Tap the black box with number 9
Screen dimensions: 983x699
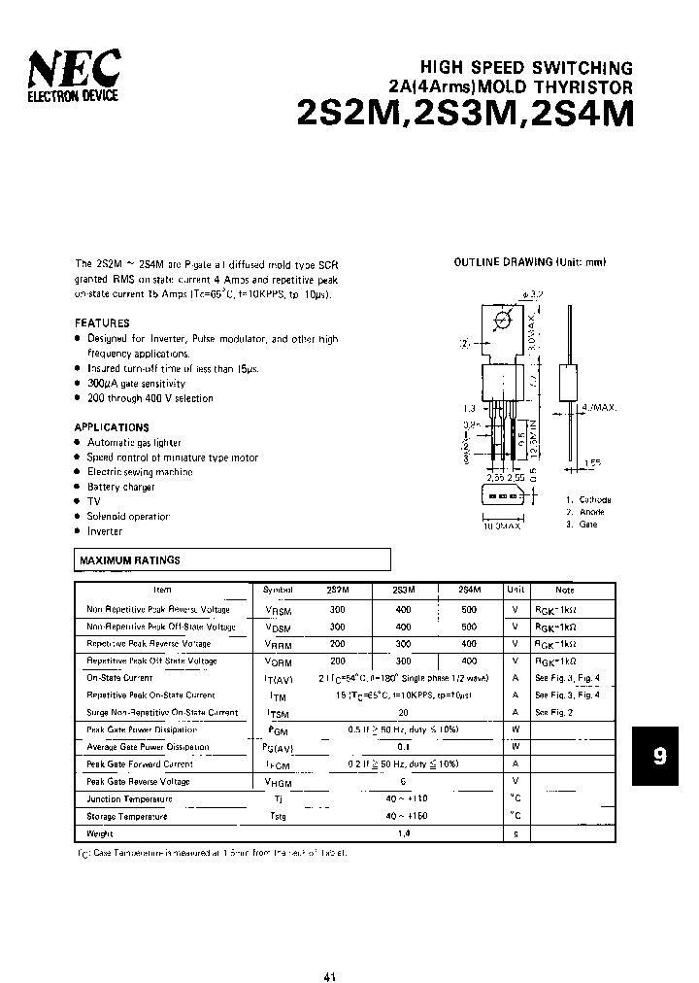pos(659,755)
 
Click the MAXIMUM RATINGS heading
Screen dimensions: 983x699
pos(129,560)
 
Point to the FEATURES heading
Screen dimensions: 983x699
pos(102,322)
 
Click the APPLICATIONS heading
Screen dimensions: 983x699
pos(112,427)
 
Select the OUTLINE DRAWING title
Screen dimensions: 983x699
pos(530,263)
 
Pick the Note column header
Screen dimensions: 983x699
pos(565,590)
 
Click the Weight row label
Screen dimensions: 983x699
pos(100,833)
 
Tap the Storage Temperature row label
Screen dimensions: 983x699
pos(127,816)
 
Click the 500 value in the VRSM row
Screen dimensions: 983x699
pos(469,609)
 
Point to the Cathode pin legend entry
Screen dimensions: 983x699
pos(587,498)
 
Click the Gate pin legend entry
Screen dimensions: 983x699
pos(583,524)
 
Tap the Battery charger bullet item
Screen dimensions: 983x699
pos(120,487)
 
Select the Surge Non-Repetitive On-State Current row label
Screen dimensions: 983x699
pos(162,712)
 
